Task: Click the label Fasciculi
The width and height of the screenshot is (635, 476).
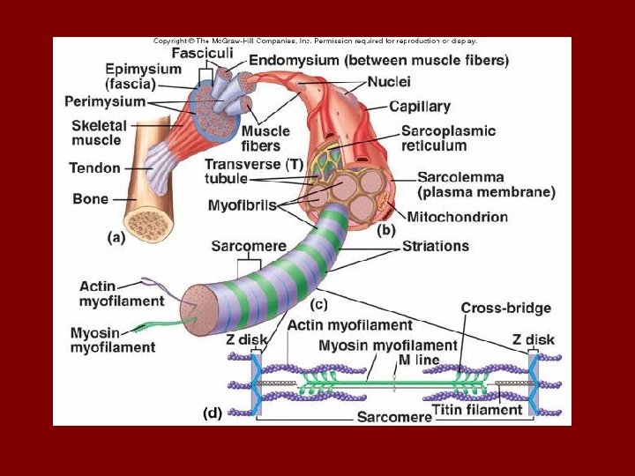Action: (202, 53)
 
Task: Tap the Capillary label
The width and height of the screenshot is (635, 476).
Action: (420, 107)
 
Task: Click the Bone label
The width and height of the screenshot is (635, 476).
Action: (90, 199)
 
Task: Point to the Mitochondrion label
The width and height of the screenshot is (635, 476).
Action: (458, 216)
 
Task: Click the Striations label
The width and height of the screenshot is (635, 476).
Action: (436, 246)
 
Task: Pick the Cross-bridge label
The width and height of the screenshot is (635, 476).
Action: (505, 308)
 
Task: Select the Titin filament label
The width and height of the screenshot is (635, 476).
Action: (477, 410)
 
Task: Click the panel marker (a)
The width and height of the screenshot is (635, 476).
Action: (116, 236)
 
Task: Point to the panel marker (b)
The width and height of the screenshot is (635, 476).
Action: (386, 231)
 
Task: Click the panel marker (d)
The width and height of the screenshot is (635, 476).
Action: (212, 412)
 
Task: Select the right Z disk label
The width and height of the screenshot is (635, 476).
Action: (534, 339)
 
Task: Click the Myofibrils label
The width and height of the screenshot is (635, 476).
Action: (242, 205)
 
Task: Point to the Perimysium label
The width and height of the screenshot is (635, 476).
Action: (105, 102)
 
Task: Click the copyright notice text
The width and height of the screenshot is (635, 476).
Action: (315, 41)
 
